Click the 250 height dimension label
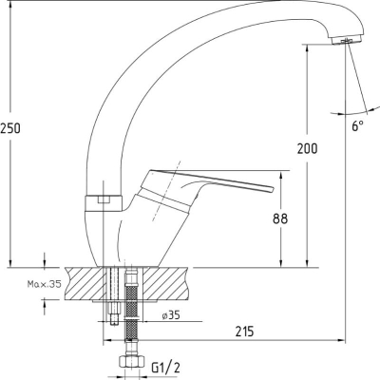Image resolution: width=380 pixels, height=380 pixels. [x=10, y=128]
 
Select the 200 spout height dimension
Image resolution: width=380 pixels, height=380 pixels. [x=307, y=148]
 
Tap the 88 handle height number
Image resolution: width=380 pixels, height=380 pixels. [x=280, y=218]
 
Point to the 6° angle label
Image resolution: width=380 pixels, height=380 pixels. [x=358, y=126]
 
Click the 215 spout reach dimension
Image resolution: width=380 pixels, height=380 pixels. [x=244, y=332]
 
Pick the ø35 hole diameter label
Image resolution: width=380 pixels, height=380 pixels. [x=171, y=315]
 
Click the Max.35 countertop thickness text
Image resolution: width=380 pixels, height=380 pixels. [x=44, y=284]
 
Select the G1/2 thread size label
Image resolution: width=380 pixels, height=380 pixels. [x=166, y=368]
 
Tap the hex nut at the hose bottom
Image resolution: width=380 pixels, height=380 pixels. [x=131, y=361]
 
